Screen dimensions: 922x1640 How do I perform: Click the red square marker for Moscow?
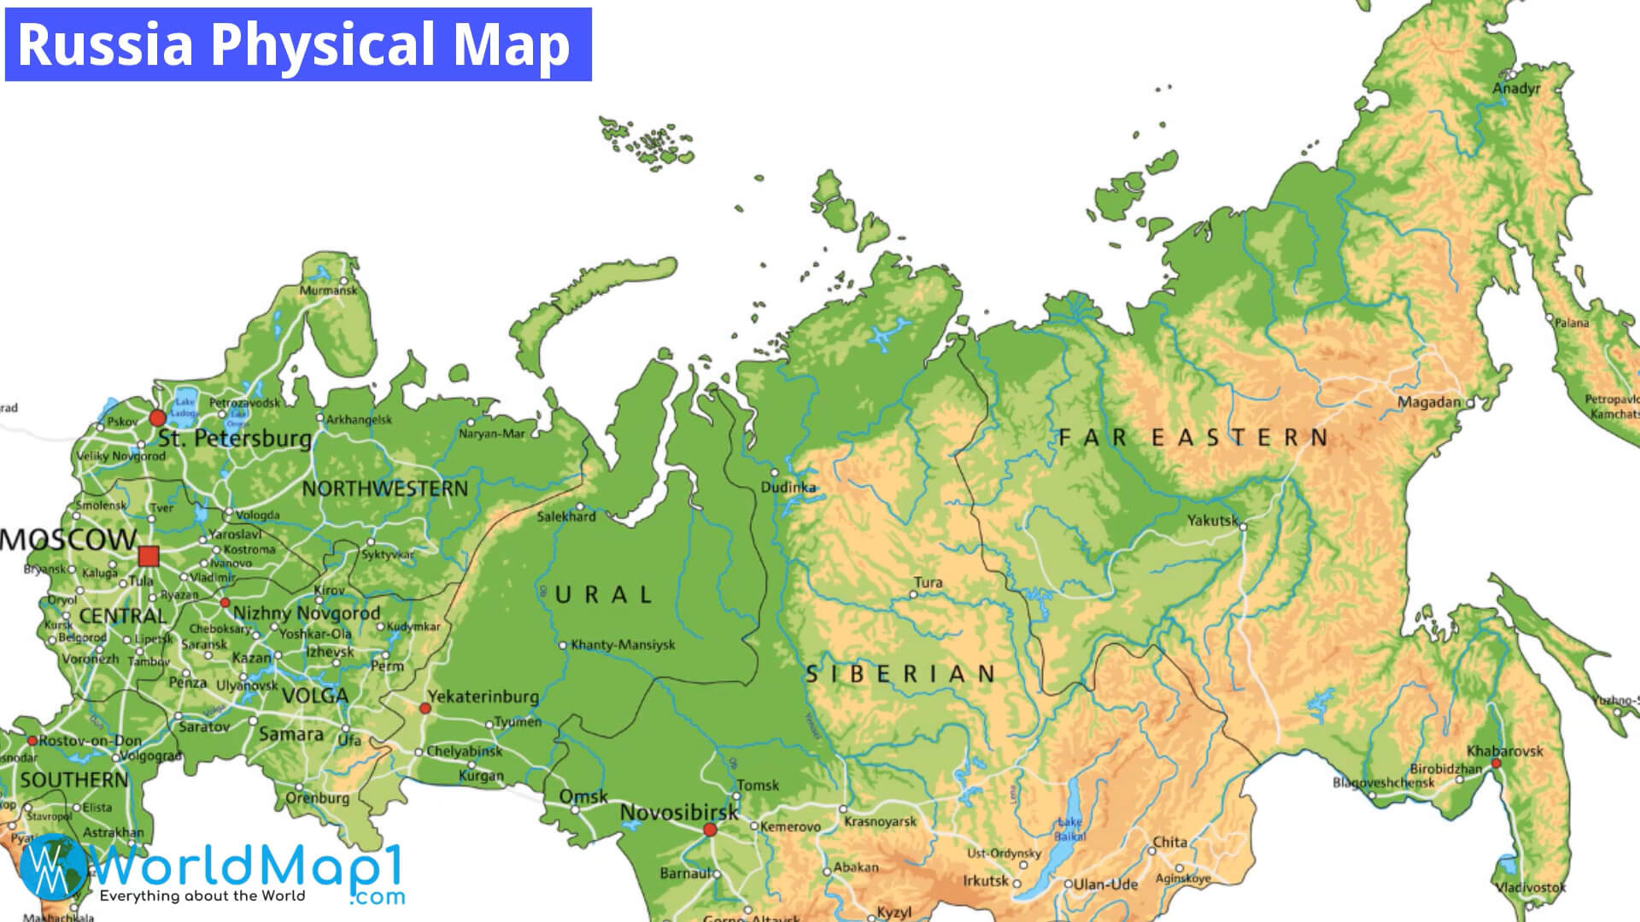coord(149,557)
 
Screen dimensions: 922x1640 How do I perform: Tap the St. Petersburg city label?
coord(235,439)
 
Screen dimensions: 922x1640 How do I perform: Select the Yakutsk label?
coord(1212,520)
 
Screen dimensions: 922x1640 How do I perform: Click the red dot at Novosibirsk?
coord(710,830)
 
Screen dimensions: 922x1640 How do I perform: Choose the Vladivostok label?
coord(1531,888)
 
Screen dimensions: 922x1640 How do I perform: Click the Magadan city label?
coord(1429,402)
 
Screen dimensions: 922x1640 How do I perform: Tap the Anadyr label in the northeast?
coord(1516,89)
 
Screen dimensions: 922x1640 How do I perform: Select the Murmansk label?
coord(328,290)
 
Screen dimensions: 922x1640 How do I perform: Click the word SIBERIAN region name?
coord(901,674)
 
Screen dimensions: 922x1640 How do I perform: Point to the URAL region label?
coord(604,595)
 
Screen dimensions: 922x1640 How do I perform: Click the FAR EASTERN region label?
coord(1193,438)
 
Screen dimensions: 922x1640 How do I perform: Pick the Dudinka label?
coord(788,487)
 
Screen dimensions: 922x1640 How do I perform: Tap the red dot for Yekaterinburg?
coord(425,709)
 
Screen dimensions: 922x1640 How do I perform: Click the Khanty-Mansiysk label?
coord(623,645)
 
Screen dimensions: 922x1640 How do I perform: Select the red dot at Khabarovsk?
coord(1496,763)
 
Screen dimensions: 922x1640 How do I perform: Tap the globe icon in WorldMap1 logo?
coord(53,867)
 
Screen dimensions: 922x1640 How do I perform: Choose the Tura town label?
coord(928,583)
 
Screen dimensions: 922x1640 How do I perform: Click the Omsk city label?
coord(583,797)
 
